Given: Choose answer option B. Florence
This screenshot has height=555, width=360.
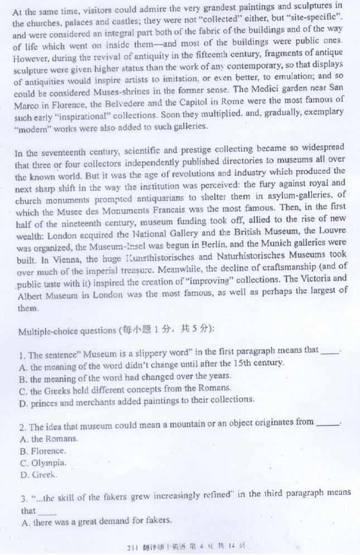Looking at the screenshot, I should pos(42,451).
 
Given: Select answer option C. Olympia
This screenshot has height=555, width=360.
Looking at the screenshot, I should pos(43,463).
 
